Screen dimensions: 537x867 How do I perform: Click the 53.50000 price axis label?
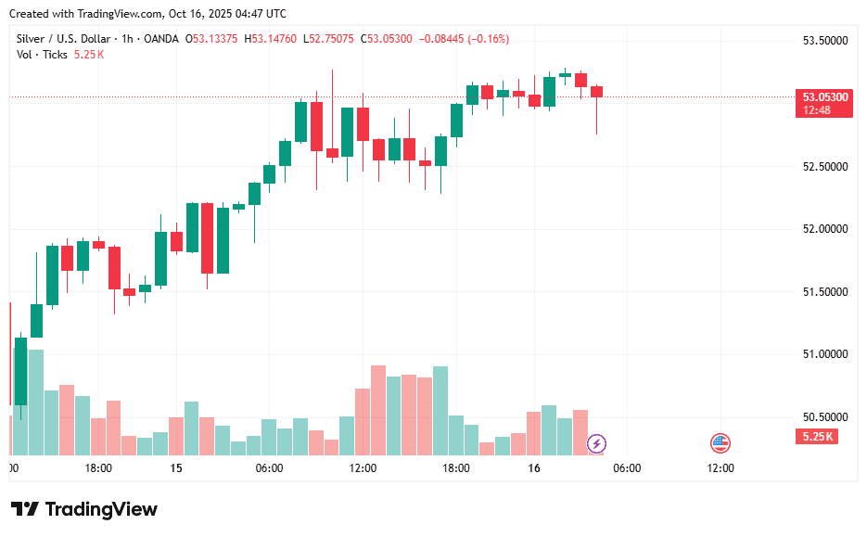pos(825,41)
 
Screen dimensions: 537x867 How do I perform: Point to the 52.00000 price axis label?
pos(825,229)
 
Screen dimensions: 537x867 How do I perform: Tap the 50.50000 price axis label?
pos(825,417)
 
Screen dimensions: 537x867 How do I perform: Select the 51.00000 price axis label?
pos(825,354)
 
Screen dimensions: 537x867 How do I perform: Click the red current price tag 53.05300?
pos(824,96)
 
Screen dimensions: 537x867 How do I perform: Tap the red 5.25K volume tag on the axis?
pos(817,436)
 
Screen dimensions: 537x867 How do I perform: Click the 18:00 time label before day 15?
pos(98,468)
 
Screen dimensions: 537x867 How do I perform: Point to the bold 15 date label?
pos(176,468)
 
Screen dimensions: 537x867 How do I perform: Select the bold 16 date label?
pos(534,468)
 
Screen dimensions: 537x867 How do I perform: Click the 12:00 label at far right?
pos(720,468)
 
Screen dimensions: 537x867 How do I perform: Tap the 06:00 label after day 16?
pos(627,468)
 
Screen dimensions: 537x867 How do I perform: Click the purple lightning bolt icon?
pos(598,443)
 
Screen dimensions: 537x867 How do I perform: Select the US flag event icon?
pos(720,443)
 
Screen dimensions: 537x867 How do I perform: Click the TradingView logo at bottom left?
pos(84,509)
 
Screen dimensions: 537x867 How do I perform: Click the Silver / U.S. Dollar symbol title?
pos(62,39)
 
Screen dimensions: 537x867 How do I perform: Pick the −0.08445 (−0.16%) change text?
pos(464,39)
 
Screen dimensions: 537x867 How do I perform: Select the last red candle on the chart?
pos(596,91)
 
